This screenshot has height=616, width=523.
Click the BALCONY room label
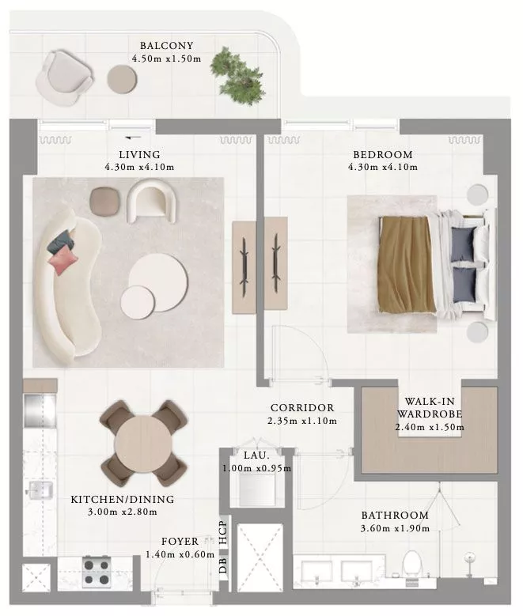(x=167, y=46)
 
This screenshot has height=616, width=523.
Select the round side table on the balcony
(x=123, y=79)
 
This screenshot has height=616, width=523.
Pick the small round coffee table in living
(x=137, y=302)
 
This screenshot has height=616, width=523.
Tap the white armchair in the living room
(x=151, y=201)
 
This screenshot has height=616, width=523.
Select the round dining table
(x=142, y=444)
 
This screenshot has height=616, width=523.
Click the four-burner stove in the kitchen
(x=96, y=572)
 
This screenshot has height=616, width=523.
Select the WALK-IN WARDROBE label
(x=430, y=407)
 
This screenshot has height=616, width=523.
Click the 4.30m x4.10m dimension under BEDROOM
(x=383, y=167)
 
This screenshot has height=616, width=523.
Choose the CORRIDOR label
(x=302, y=408)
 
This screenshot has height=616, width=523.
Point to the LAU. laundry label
(x=256, y=455)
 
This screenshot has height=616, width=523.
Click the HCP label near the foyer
(x=223, y=532)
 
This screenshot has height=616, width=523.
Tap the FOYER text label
(x=180, y=542)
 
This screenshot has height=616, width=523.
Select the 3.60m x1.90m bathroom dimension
(x=395, y=528)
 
